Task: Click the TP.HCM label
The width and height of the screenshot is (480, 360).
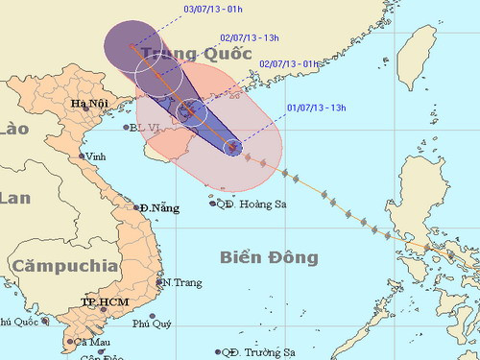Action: click(x=102, y=302)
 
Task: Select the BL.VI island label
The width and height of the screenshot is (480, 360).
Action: click(x=146, y=126)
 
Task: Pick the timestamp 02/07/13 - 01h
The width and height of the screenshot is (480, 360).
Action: click(x=288, y=63)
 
